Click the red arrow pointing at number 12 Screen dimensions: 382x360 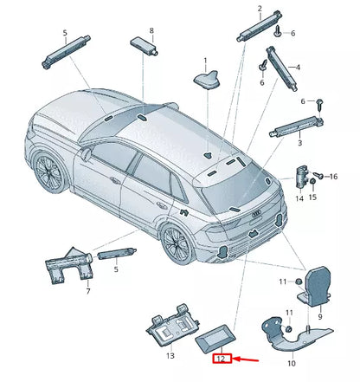pyautogui.click(x=252, y=357)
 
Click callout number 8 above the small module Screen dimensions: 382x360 pyautogui.click(x=151, y=31)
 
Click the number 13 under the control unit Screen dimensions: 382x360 pyautogui.click(x=170, y=356)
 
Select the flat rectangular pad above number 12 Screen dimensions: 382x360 pyautogui.click(x=218, y=336)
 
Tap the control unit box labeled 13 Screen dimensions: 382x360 pyautogui.click(x=170, y=327)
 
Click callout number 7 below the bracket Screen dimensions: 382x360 pyautogui.click(x=87, y=292)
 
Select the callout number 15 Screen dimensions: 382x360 pyautogui.click(x=313, y=197)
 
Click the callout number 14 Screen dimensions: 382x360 pyautogui.click(x=299, y=197)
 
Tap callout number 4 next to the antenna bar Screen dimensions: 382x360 pyautogui.click(x=297, y=67)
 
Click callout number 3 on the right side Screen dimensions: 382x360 pyautogui.click(x=299, y=143)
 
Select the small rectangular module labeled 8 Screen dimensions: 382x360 pyautogui.click(x=143, y=45)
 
